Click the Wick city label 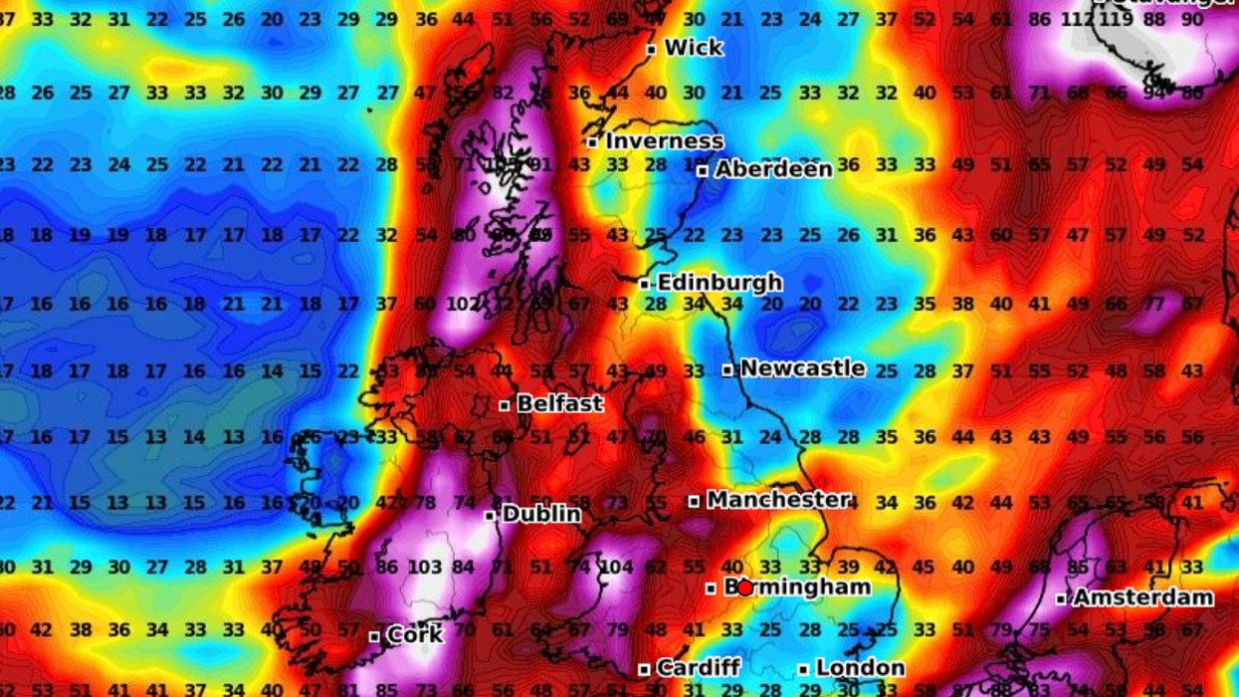[694, 48]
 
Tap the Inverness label [664, 141]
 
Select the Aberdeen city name [773, 169]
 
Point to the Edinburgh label [720, 283]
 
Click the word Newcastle [802, 368]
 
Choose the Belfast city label [559, 404]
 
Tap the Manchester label [778, 500]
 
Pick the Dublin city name [541, 514]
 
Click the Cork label [414, 635]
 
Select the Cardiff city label [698, 667]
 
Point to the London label [860, 667]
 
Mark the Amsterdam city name [1142, 597]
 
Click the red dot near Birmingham [744, 587]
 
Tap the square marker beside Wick [651, 49]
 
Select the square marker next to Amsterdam [1062, 598]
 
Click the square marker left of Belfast [505, 405]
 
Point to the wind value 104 [616, 568]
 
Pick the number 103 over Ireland [425, 568]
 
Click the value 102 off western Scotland [463, 304]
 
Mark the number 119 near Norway [1116, 19]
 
